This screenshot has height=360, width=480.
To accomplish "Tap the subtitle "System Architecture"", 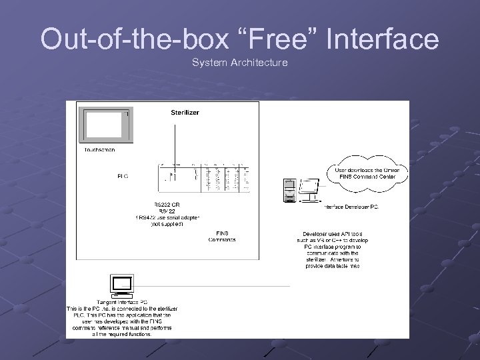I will [x=240, y=63].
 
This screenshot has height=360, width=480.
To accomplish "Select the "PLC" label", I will [x=123, y=177].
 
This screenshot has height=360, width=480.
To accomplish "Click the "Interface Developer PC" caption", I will [x=350, y=207].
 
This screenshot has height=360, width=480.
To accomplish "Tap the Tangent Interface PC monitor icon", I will [x=122, y=285].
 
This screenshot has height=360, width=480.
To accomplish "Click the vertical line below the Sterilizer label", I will [x=174, y=140].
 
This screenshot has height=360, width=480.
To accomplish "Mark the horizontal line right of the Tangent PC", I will [x=213, y=287].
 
